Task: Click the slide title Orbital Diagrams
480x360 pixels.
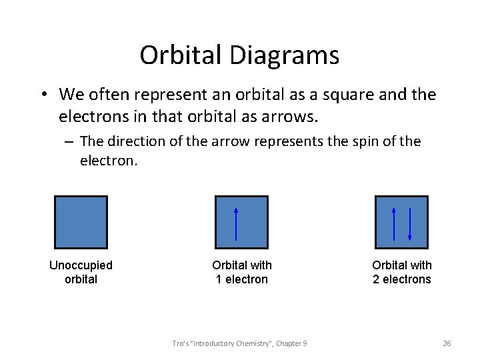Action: point(239,55)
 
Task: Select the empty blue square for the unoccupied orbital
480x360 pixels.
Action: point(81,222)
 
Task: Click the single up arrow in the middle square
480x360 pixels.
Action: point(236,223)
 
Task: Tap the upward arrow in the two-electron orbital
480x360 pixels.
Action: point(395,223)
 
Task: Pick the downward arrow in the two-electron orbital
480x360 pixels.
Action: point(409,223)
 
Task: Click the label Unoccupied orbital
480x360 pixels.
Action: point(81,272)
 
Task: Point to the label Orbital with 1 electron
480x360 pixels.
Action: point(241,272)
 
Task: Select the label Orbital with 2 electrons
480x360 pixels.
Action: point(401,272)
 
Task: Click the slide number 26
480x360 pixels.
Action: point(447,343)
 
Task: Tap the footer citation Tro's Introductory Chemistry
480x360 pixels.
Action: point(239,343)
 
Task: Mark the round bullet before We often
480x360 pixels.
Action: point(42,95)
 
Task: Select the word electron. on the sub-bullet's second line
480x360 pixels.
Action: point(109,161)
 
